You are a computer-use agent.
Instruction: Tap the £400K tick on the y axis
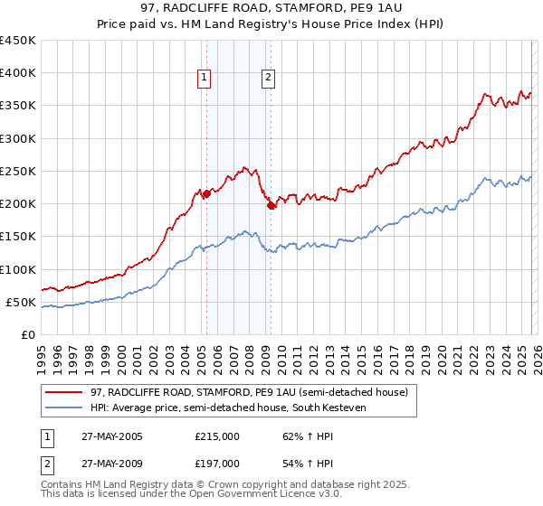point(18,73)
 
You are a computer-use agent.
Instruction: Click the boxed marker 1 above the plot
point(205,79)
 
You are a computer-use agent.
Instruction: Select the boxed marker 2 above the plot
point(270,79)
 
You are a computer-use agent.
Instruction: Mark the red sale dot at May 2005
point(206,193)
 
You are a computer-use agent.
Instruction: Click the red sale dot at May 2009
point(271,205)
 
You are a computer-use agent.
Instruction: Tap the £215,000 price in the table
point(217,436)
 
